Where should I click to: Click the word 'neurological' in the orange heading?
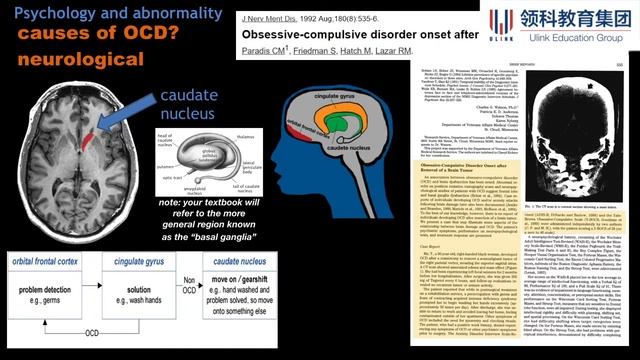75,59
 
